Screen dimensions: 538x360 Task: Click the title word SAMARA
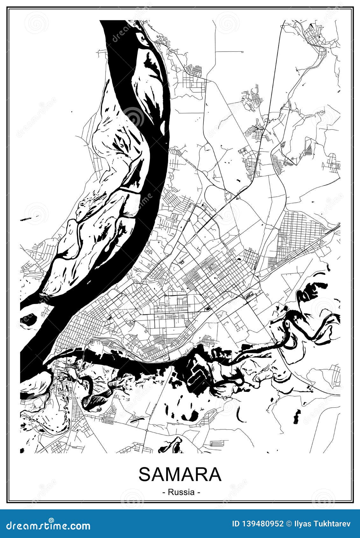pos(180,474)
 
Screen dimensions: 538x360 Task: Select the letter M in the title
pos(172,474)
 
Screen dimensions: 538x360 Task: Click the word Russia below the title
pos(181,492)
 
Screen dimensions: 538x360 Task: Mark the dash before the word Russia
pos(164,492)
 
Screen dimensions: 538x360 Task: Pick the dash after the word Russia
pos(199,492)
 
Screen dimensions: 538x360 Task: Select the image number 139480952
pos(263,524)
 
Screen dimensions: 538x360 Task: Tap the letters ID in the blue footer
pos(236,524)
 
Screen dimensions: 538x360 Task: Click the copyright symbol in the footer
pos(289,524)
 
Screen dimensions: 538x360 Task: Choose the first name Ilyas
pos(301,524)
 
